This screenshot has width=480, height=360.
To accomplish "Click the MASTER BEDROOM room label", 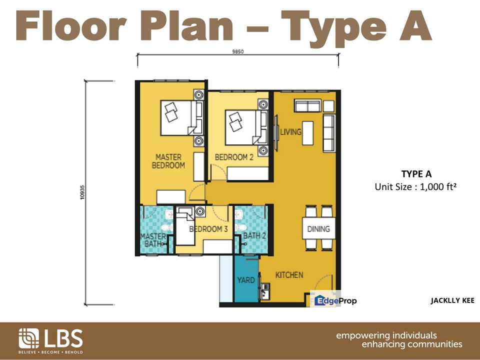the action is pyautogui.click(x=168, y=161).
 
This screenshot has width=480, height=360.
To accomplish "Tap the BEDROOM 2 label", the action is pyautogui.click(x=234, y=157).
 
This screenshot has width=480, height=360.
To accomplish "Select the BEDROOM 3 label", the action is pyautogui.click(x=208, y=229).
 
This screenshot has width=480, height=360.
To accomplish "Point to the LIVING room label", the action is pyautogui.click(x=291, y=132).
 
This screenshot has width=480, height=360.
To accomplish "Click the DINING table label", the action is pyautogui.click(x=318, y=228).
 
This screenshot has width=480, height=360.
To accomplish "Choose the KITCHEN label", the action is pyautogui.click(x=289, y=275).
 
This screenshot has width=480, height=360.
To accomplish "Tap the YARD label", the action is pyautogui.click(x=246, y=280).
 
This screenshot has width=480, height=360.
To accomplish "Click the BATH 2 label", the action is pyautogui.click(x=254, y=235).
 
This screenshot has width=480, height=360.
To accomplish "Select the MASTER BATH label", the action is pyautogui.click(x=153, y=240).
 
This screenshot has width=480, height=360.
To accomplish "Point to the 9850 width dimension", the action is pyautogui.click(x=238, y=51).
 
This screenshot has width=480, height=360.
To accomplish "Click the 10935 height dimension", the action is pyautogui.click(x=82, y=192).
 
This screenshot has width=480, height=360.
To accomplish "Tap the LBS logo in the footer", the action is pyautogui.click(x=50, y=340).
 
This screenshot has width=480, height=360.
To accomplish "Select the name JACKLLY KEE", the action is pyautogui.click(x=452, y=300).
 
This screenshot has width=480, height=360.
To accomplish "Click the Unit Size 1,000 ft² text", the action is pyautogui.click(x=415, y=186).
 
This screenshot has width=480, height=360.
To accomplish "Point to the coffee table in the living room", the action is pyautogui.click(x=308, y=133).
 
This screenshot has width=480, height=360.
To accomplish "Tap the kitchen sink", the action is pyautogui.click(x=264, y=291).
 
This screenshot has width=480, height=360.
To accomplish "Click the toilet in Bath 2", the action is pyautogui.click(x=240, y=227).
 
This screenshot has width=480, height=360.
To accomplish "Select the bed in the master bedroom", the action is pyautogui.click(x=181, y=117).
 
